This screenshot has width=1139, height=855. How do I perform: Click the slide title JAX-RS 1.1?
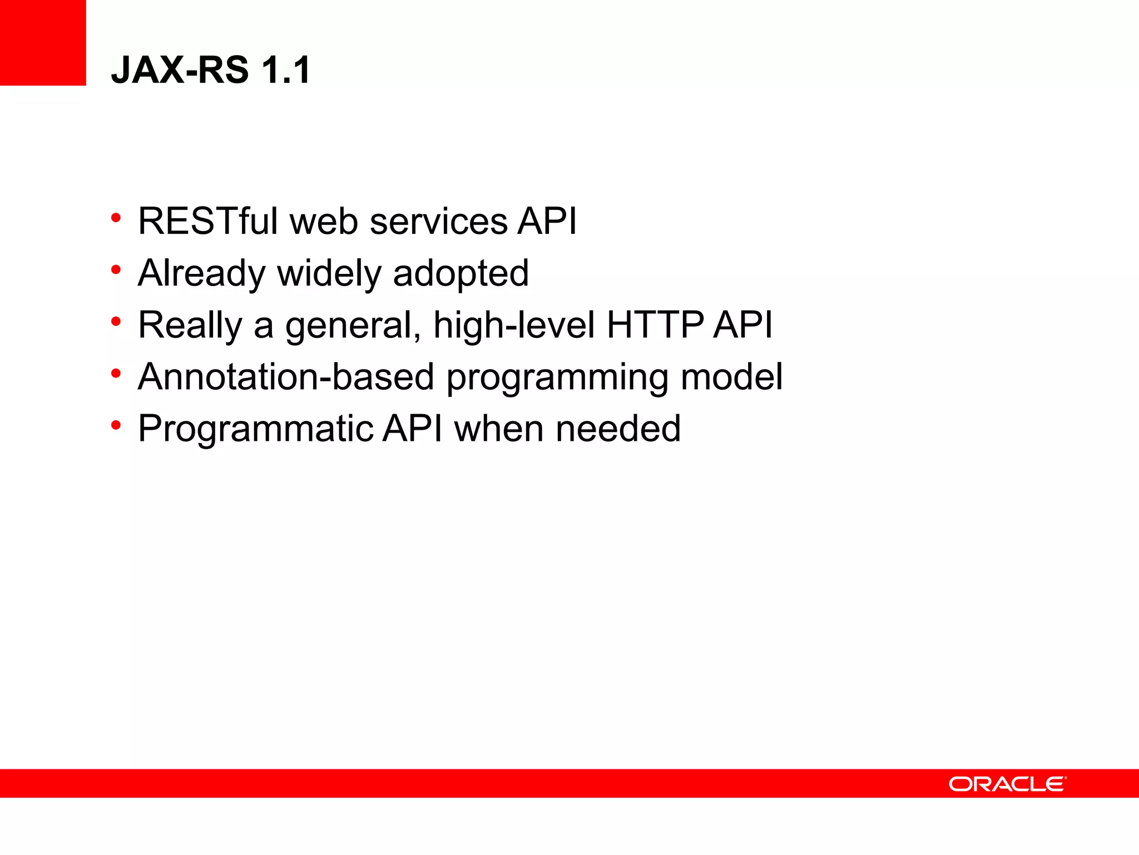click(211, 70)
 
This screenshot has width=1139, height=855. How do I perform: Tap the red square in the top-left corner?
click(43, 42)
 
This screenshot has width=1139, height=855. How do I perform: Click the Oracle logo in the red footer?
click(1007, 784)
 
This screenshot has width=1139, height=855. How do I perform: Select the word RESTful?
click(208, 221)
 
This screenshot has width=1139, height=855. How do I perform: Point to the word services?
click(438, 221)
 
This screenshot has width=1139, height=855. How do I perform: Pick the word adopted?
click(460, 273)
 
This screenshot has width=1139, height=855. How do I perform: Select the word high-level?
click(514, 325)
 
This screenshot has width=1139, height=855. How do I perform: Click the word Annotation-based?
click(286, 377)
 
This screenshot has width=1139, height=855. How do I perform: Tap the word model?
click(731, 377)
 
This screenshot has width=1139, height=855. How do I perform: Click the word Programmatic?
click(256, 429)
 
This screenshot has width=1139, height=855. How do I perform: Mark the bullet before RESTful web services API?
click(116, 218)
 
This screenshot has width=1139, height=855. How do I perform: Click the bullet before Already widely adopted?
click(116, 270)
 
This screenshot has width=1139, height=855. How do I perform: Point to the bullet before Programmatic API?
click(116, 426)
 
